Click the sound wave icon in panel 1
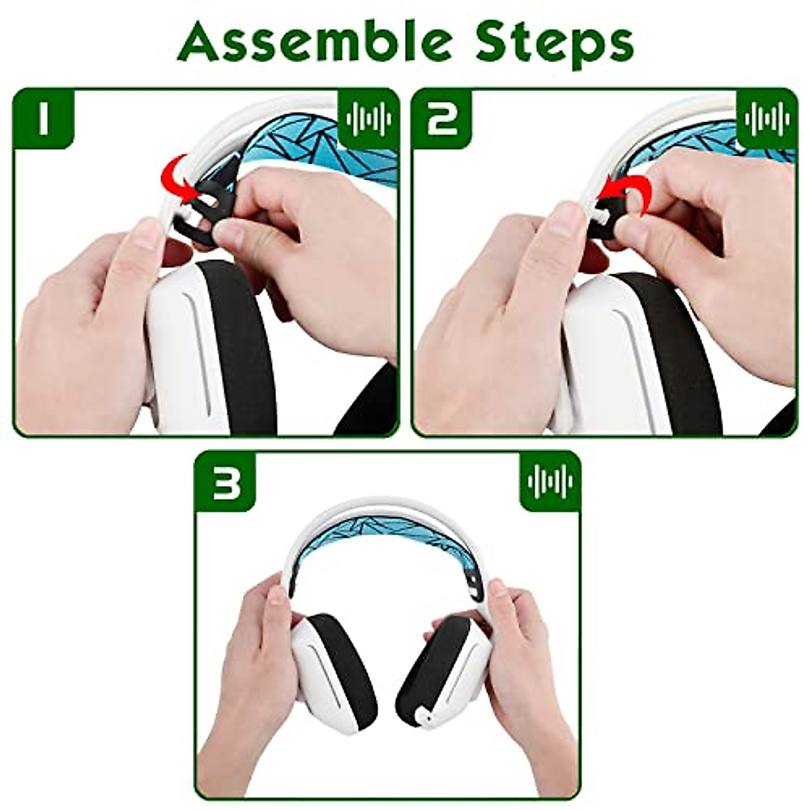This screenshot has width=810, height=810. click(368, 119)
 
